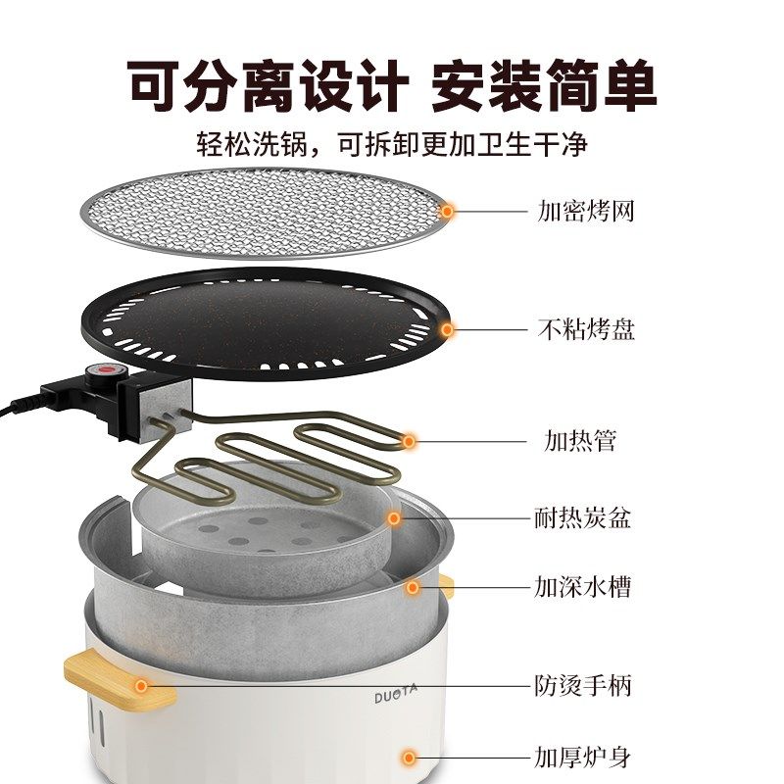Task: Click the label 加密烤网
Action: (x=585, y=211)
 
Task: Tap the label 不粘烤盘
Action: (x=585, y=329)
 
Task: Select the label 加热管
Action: (x=580, y=441)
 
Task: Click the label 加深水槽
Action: (x=582, y=588)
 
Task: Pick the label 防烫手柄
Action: (x=582, y=685)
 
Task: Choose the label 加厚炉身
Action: (x=582, y=757)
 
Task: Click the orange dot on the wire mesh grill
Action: (x=448, y=210)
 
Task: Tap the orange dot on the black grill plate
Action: (x=448, y=330)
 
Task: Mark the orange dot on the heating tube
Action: (x=410, y=442)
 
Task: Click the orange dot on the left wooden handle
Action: (x=142, y=686)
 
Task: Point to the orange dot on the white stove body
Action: (x=410, y=758)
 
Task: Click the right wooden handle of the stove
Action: (x=447, y=587)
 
